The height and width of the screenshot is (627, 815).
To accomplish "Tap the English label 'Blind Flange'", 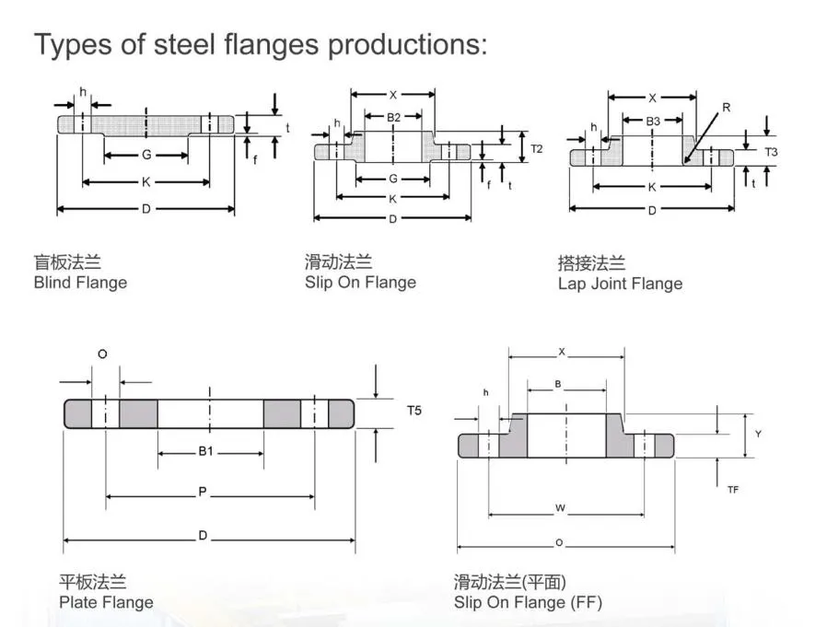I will (80, 283).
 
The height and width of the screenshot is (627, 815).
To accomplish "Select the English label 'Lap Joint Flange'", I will (620, 284).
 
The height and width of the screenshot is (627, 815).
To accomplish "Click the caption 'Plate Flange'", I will (106, 603).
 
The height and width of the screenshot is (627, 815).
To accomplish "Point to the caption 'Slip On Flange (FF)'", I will (528, 603).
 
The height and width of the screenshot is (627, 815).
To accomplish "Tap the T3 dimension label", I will (772, 152).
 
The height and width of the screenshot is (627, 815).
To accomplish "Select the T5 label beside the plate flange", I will (414, 411).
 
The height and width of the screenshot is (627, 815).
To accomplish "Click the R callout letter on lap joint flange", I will (726, 108).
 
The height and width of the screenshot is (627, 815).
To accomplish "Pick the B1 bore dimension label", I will (206, 452).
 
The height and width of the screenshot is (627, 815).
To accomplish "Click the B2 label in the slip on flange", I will (393, 118).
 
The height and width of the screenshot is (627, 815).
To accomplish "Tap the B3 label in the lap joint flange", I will (653, 122).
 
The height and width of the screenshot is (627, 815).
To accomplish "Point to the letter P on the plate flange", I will (203, 493).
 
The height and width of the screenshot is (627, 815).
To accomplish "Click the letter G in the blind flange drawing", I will (146, 155).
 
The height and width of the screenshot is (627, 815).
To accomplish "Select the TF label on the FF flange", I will (733, 490).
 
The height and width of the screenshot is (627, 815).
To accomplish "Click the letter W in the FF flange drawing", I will (560, 507).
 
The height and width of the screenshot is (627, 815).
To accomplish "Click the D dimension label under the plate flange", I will (203, 537).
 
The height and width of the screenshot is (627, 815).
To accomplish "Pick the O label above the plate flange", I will (102, 354).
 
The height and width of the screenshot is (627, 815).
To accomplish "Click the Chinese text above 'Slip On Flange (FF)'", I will (509, 581).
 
